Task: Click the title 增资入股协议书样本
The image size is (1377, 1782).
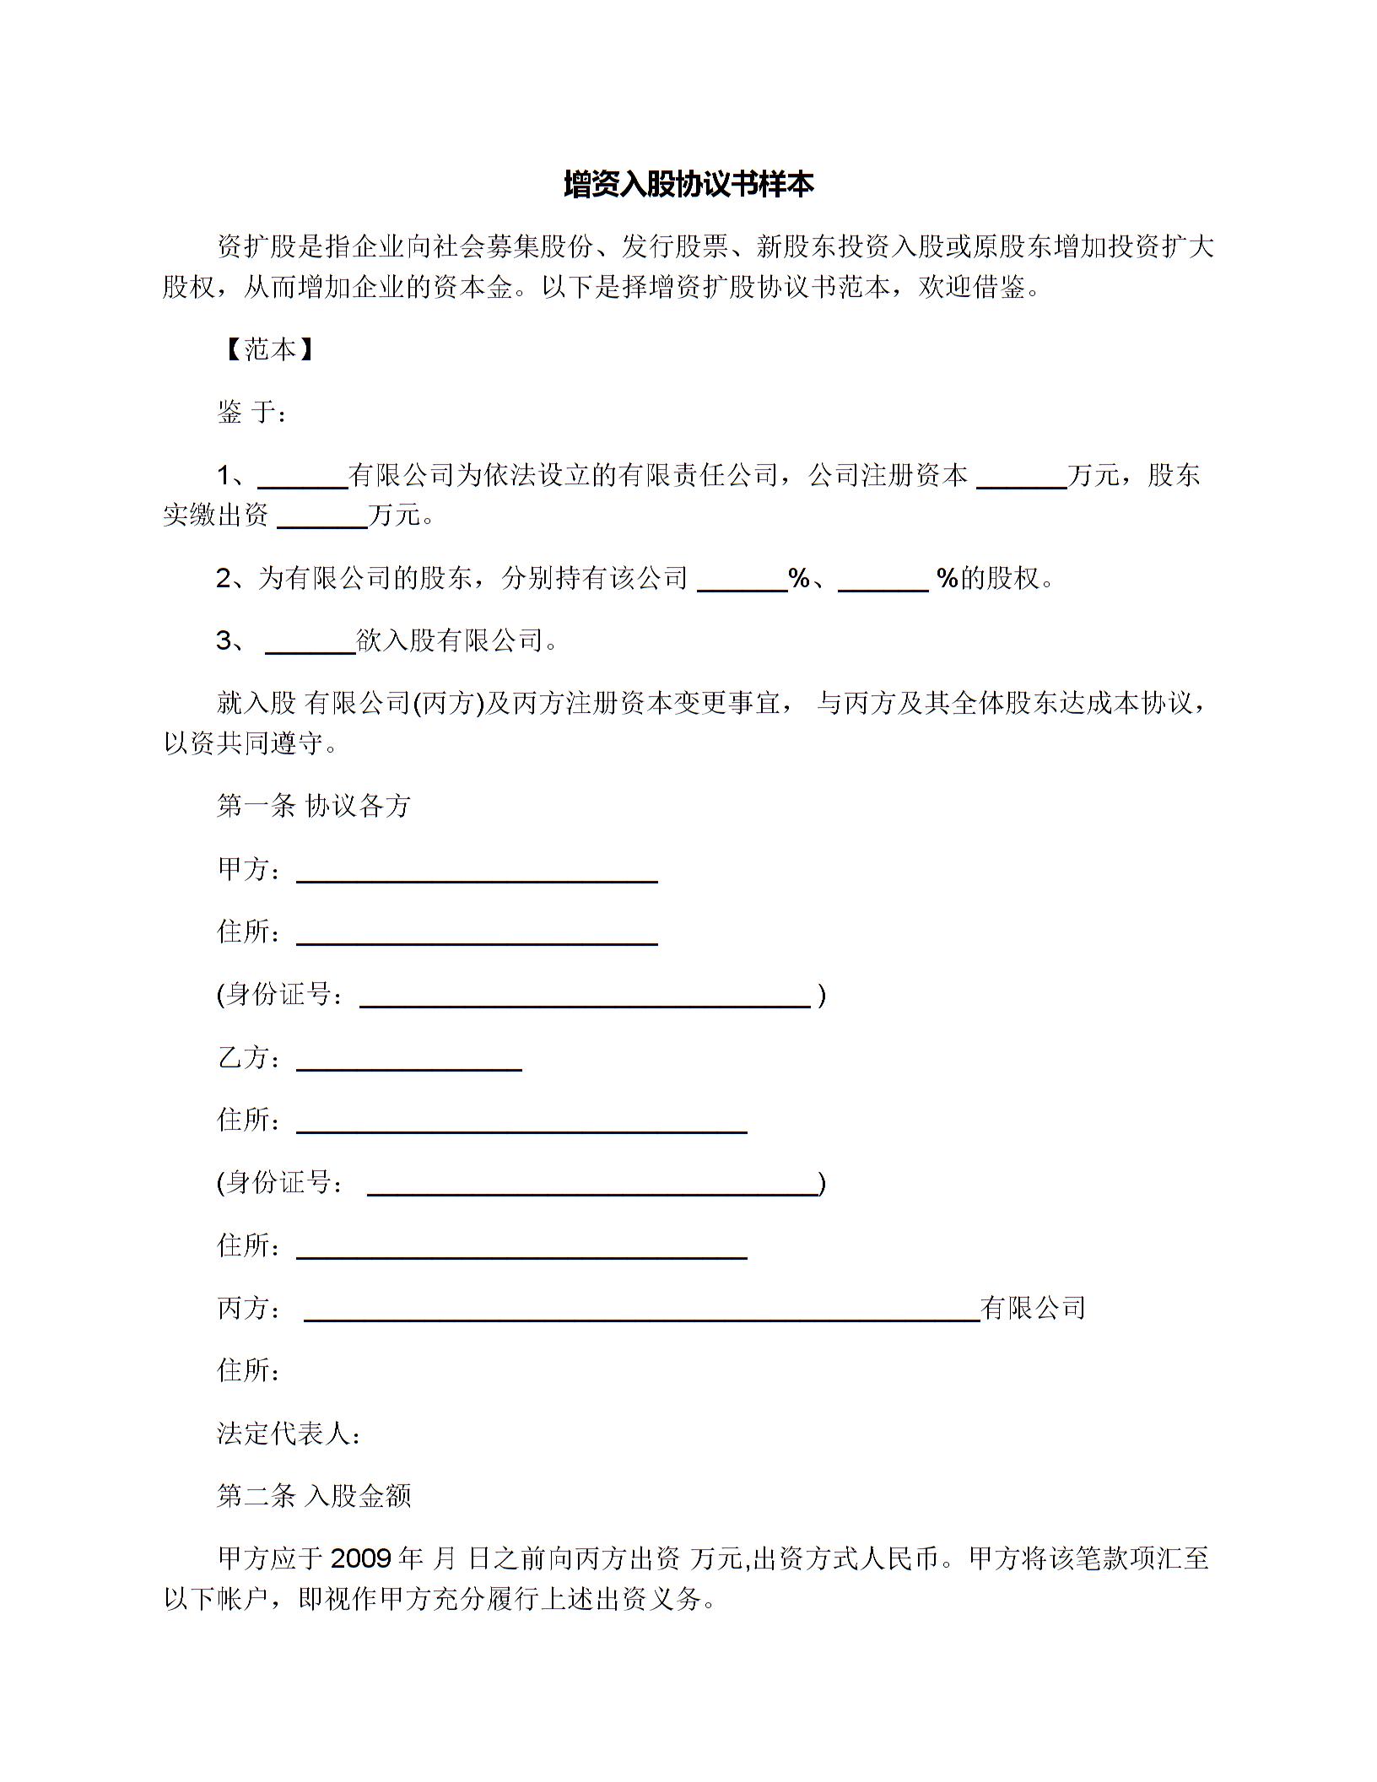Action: click(x=688, y=185)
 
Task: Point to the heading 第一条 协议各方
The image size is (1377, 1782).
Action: click(x=314, y=806)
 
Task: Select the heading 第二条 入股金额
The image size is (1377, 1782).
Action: click(x=314, y=1496)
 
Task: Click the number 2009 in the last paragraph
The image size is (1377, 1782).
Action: click(x=360, y=1558)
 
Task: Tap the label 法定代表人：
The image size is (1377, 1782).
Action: click(x=289, y=1434)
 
